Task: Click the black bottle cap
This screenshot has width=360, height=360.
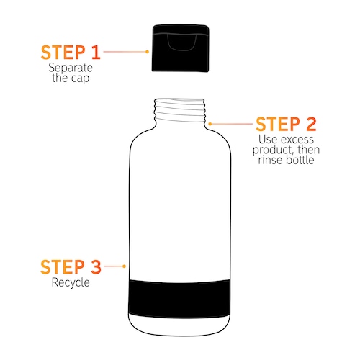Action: (x=181, y=48)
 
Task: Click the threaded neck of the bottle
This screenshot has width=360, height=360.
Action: (x=180, y=110)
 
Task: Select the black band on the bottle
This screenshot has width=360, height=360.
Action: (x=179, y=299)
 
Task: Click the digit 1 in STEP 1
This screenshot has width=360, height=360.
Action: (x=96, y=53)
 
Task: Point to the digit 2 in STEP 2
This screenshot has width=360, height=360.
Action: (x=311, y=124)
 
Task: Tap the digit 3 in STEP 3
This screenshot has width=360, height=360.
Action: (x=96, y=266)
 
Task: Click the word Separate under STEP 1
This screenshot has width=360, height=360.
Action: (x=71, y=68)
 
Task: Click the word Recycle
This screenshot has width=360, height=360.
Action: (x=71, y=282)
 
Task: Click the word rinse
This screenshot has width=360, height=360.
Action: (x=271, y=160)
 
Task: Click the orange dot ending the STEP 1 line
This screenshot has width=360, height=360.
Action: (x=148, y=52)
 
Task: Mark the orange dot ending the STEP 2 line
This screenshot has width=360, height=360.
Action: (x=210, y=124)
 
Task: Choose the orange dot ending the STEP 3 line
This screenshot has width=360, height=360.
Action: (x=124, y=266)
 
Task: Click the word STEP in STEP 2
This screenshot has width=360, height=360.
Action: (x=278, y=124)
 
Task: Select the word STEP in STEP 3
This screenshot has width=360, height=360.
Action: (x=63, y=266)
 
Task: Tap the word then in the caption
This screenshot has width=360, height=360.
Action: (x=309, y=150)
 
